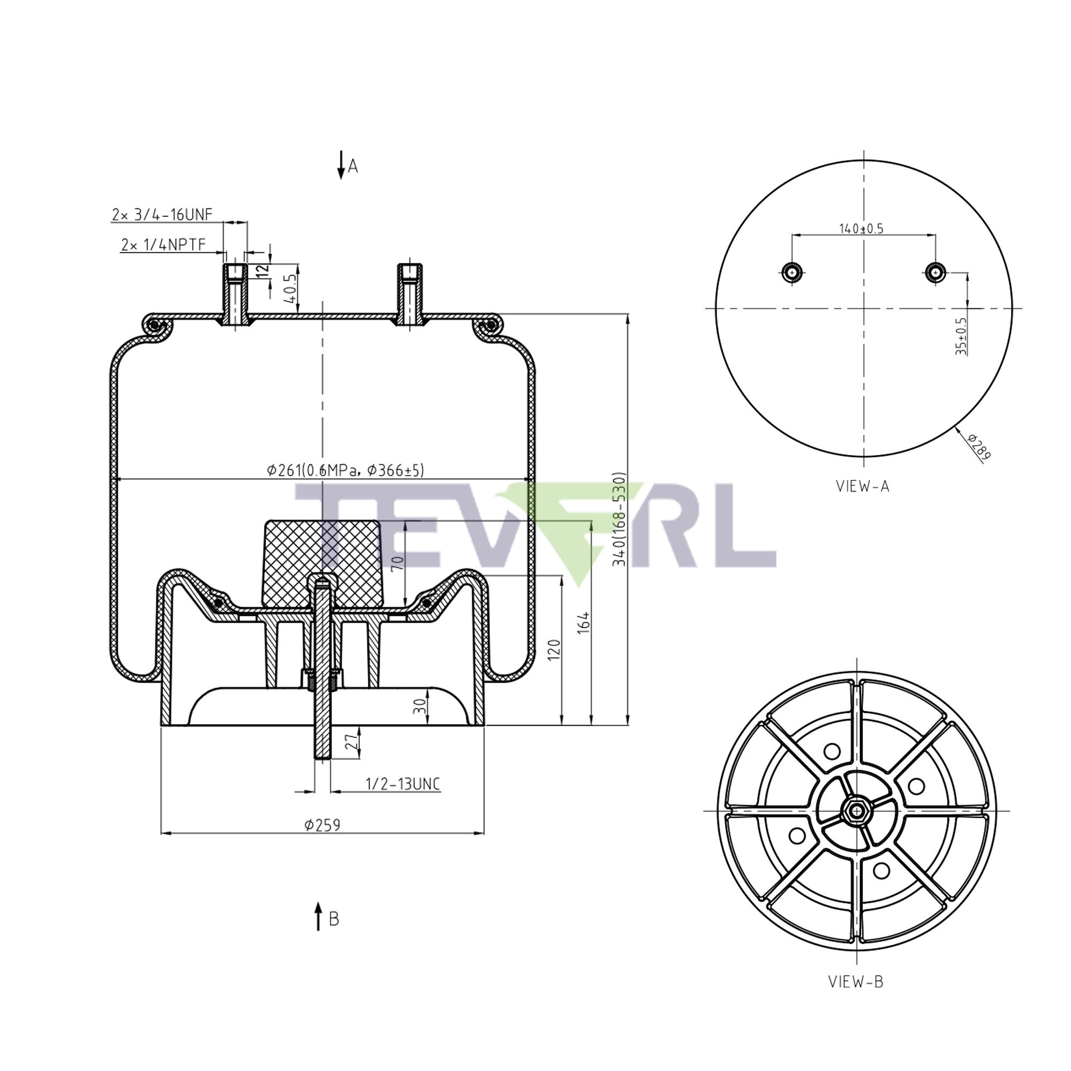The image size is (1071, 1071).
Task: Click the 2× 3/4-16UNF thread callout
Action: [x=162, y=215]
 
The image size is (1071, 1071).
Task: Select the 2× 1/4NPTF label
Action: [x=163, y=245]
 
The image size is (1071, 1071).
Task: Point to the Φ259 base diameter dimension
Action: [x=322, y=824]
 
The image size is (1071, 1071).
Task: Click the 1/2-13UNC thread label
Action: [x=403, y=784]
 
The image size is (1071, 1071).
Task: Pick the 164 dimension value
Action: [x=584, y=623]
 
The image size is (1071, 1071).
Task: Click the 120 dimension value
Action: [x=554, y=650]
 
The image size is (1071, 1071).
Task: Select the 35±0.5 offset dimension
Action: [x=961, y=336]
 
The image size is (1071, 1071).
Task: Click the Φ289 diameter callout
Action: [x=979, y=447]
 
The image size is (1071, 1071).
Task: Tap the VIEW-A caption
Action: [x=863, y=486]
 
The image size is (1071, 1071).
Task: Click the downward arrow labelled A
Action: [x=342, y=165]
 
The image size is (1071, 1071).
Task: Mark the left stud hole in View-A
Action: [x=791, y=272]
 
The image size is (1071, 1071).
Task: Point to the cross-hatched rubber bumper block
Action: [x=322, y=563]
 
